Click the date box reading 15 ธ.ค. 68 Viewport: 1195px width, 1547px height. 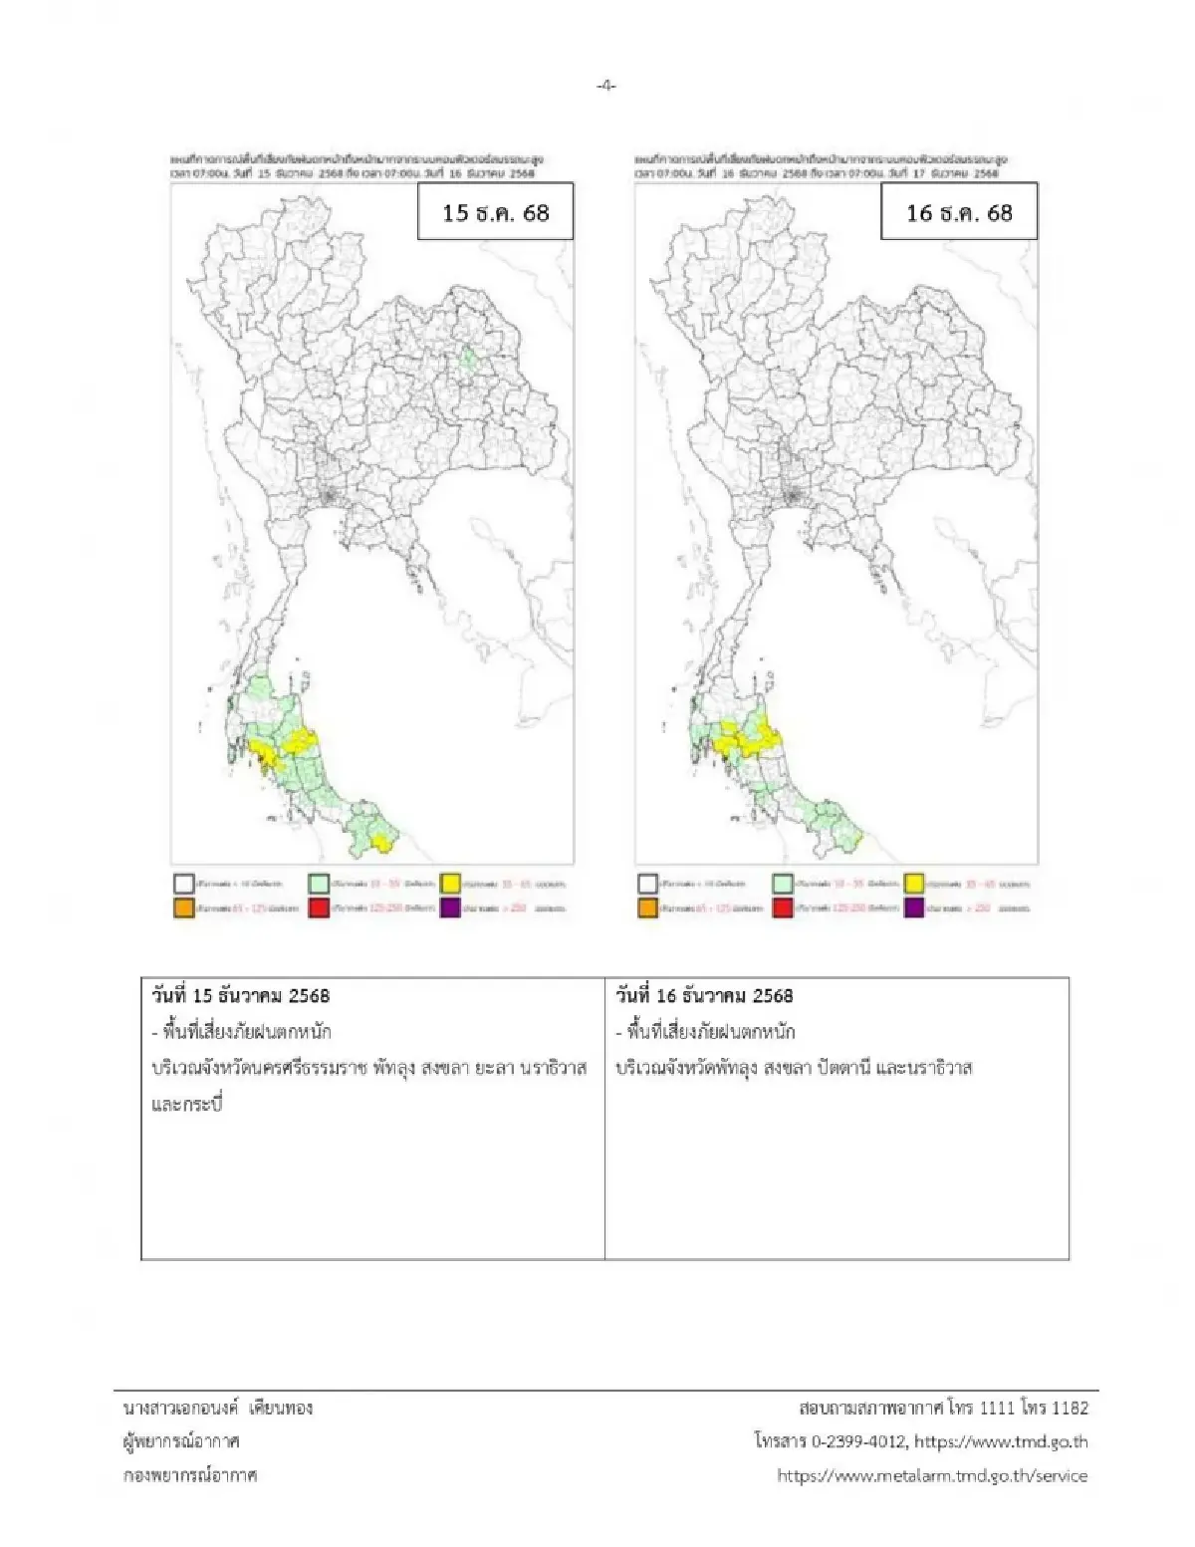tap(495, 212)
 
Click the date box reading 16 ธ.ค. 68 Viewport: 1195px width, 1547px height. tap(959, 212)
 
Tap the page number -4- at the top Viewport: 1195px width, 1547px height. tap(605, 86)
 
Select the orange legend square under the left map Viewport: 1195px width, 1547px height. tap(183, 907)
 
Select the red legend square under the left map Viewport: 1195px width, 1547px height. tap(319, 907)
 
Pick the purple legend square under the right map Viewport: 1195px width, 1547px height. tap(914, 907)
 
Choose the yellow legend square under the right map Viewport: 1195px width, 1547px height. tap(914, 884)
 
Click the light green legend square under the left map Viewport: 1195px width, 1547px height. tap(319, 884)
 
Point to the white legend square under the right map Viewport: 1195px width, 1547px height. tap(647, 884)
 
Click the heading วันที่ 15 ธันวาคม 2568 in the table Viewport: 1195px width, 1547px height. tap(240, 995)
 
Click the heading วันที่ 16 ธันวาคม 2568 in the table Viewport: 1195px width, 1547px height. tap(704, 995)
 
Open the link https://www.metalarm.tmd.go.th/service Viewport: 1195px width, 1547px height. tap(932, 1475)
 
